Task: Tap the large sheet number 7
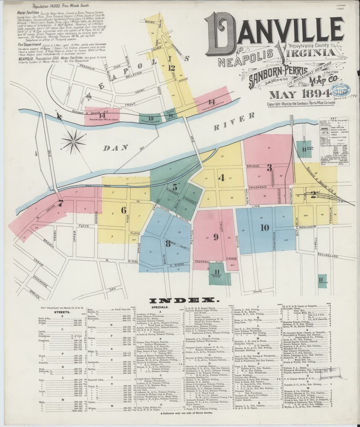[x=61, y=204]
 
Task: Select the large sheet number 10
[x=264, y=228]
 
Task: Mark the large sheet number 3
[x=270, y=167]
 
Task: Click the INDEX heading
[x=180, y=300]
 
